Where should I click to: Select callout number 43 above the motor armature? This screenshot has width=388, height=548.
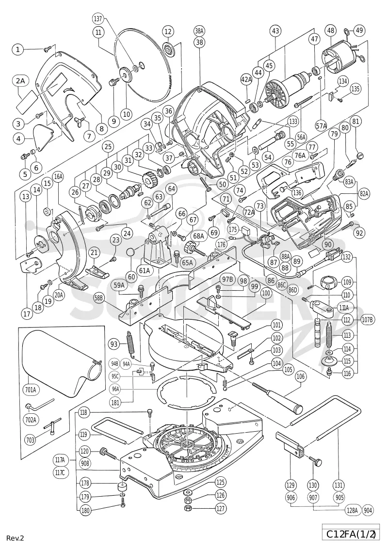click(275, 31)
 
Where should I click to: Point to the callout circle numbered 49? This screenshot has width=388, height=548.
click(358, 31)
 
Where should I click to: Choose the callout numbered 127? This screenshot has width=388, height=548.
click(220, 508)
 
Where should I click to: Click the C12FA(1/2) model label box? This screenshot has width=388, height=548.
click(351, 534)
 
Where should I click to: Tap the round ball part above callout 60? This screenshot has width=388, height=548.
click(130, 252)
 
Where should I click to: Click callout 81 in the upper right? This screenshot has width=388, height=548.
click(356, 122)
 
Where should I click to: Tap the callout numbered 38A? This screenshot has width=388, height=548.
click(199, 31)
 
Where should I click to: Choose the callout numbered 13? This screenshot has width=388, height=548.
click(26, 197)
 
